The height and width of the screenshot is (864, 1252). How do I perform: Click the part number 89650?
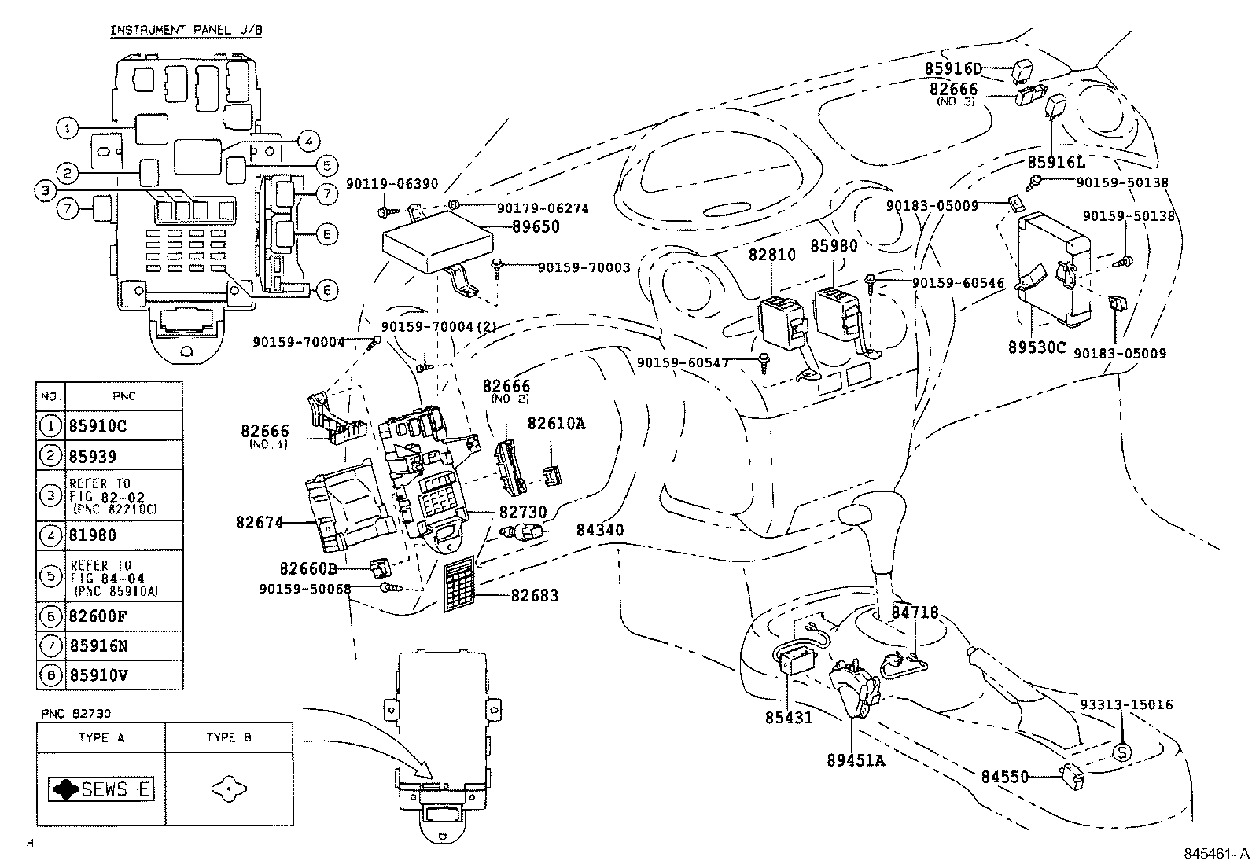[536, 227]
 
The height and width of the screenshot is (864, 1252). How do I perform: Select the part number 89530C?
[1037, 347]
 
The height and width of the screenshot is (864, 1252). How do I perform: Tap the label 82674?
[259, 521]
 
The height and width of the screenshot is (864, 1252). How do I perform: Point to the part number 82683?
[535, 596]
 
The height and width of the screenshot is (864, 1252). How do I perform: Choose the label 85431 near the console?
[788, 718]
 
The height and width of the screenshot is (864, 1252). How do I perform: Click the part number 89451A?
[856, 760]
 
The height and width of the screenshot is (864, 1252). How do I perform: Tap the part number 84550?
[1004, 777]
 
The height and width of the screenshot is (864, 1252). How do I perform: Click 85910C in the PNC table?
[98, 426]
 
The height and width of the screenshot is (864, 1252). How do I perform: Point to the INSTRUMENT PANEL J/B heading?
[186, 30]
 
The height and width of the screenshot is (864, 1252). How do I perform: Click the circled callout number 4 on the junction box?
[308, 142]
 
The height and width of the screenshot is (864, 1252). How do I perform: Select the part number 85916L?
[1056, 162]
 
